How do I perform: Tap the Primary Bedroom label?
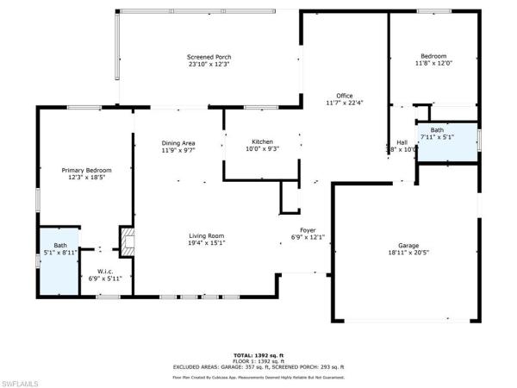pyautogui.click(x=86, y=171)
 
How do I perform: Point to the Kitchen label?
pyautogui.click(x=262, y=141)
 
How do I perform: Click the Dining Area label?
pyautogui.click(x=178, y=142)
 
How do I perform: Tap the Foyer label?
pyautogui.click(x=308, y=229)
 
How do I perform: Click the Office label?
pyautogui.click(x=345, y=95)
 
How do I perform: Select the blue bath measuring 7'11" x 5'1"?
pyautogui.click(x=447, y=142)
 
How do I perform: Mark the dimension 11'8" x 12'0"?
pyautogui.click(x=433, y=63)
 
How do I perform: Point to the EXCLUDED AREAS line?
pyautogui.click(x=258, y=366)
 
